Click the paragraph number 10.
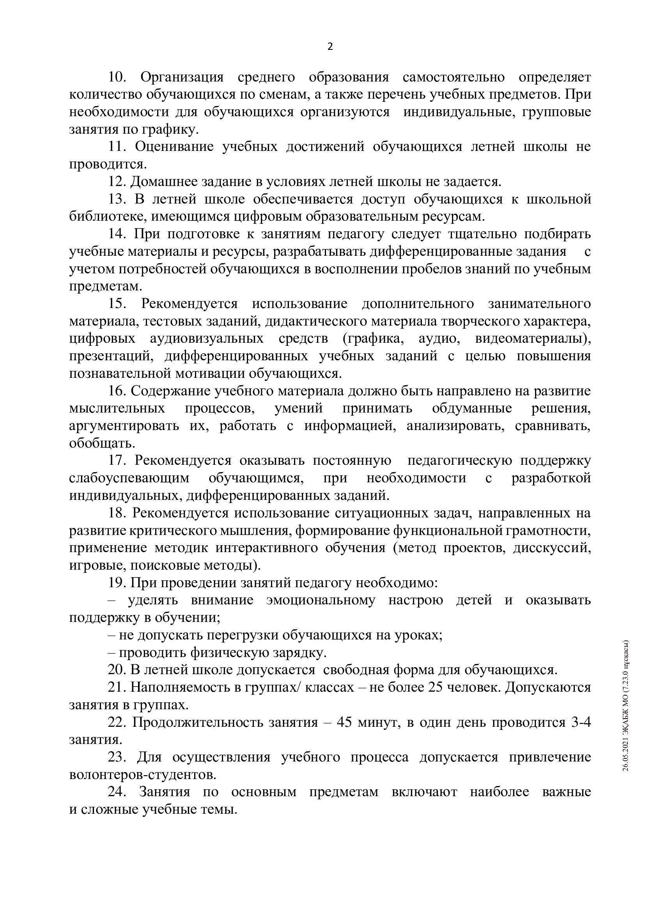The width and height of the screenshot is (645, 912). [x=117, y=77]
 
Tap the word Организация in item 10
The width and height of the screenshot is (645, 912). [x=182, y=77]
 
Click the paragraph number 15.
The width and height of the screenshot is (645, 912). [x=117, y=304]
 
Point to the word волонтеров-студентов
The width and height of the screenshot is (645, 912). [x=143, y=775]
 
